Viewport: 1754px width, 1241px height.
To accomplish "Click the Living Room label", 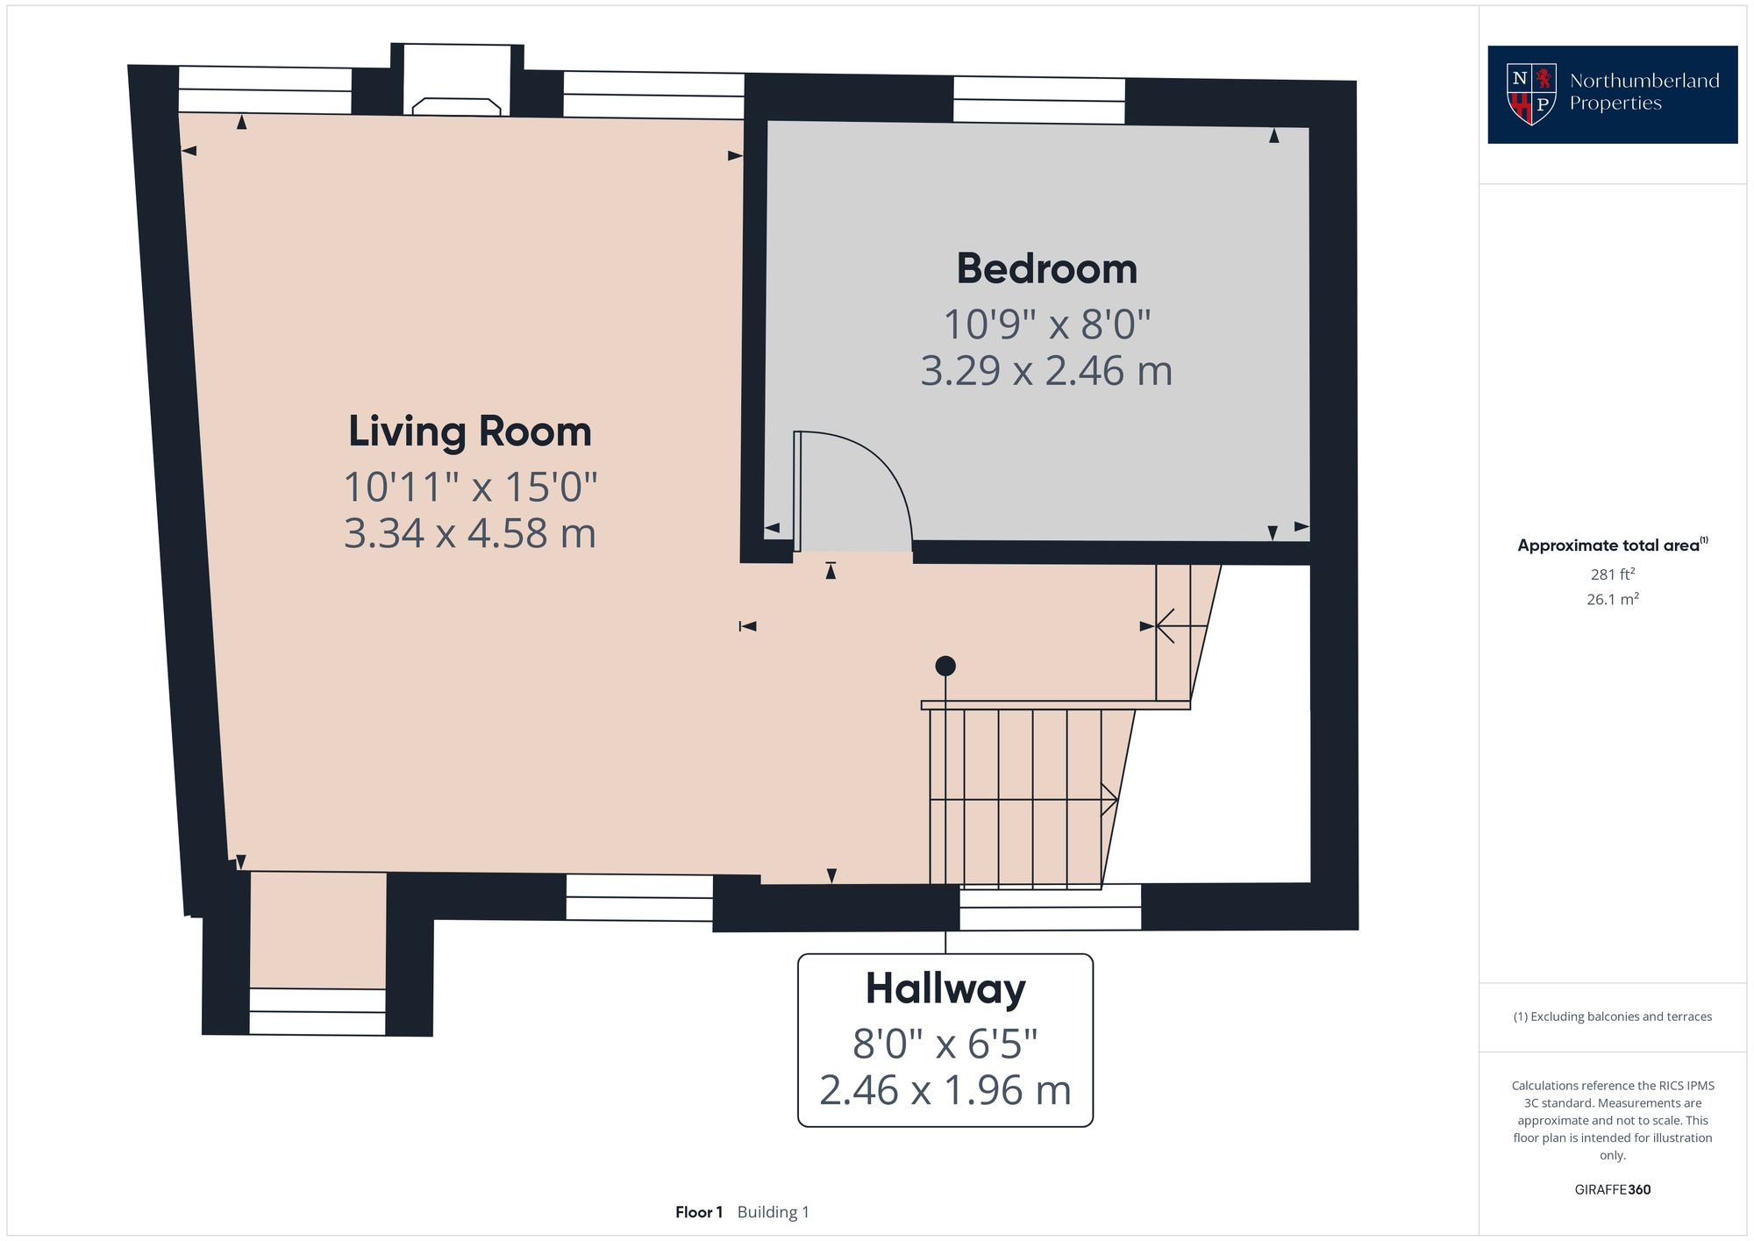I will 469,431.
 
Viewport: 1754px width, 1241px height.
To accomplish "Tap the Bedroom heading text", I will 1046,268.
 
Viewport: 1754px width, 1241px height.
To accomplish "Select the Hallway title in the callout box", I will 945,988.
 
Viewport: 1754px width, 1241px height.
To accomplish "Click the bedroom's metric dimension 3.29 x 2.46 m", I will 1046,371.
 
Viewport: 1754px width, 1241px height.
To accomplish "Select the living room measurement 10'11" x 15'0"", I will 469,488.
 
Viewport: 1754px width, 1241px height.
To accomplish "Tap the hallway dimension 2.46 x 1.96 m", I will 945,1091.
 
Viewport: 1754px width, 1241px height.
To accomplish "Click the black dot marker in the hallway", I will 945,666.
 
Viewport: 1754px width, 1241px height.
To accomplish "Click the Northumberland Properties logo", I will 1612,94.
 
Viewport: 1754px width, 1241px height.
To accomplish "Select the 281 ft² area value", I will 1612,574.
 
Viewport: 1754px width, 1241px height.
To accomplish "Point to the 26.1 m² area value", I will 1612,600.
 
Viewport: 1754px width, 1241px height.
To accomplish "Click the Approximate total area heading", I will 1612,546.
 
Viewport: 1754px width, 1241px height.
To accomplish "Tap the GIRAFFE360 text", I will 1612,1190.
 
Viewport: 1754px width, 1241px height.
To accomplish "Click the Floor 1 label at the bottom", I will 699,1212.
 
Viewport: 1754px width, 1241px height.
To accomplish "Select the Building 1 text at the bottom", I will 773,1212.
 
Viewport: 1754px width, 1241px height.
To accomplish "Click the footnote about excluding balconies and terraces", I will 1612,1016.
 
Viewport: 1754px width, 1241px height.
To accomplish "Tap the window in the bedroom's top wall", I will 1038,101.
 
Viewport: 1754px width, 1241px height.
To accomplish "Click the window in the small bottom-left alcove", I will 317,1011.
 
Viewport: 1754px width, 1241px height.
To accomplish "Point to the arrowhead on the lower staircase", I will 1111,799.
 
